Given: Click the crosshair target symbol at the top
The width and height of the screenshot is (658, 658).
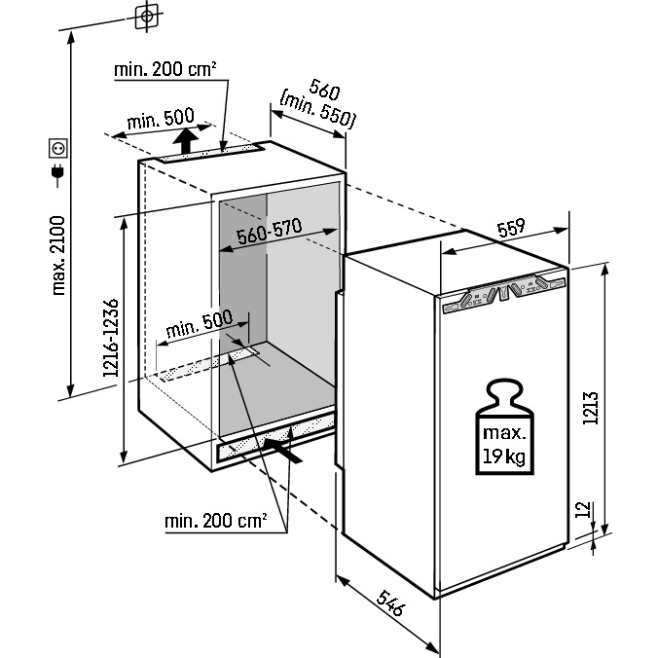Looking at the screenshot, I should point(146,17).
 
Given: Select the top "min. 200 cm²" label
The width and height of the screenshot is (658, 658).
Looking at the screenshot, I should point(165,69).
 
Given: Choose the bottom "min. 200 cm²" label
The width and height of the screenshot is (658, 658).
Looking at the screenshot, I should point(216,522).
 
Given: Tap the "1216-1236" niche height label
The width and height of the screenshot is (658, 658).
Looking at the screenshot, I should point(110,338).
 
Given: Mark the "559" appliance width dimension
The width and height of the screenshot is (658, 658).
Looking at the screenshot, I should point(510,228).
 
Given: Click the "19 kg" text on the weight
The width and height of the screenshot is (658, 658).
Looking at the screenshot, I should point(504,454).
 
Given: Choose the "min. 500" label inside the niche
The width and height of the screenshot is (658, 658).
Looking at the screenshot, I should point(200,323).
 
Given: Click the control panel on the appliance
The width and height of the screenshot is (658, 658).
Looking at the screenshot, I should point(503,294).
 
